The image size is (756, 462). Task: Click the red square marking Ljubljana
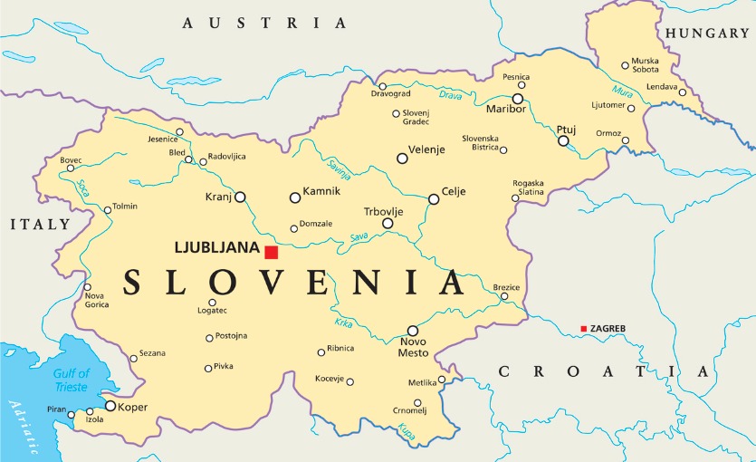271,252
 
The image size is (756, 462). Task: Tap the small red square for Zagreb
584,328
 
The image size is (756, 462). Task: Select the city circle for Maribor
518,98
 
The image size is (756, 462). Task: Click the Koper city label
132,408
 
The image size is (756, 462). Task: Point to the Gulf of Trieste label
71,380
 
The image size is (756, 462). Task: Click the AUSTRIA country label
264,22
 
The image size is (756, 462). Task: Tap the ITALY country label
40,223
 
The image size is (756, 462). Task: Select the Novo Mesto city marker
413,331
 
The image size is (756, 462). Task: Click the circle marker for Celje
433,199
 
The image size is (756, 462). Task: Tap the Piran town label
56,409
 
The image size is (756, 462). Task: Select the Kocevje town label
330,379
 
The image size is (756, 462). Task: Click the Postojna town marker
209,338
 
